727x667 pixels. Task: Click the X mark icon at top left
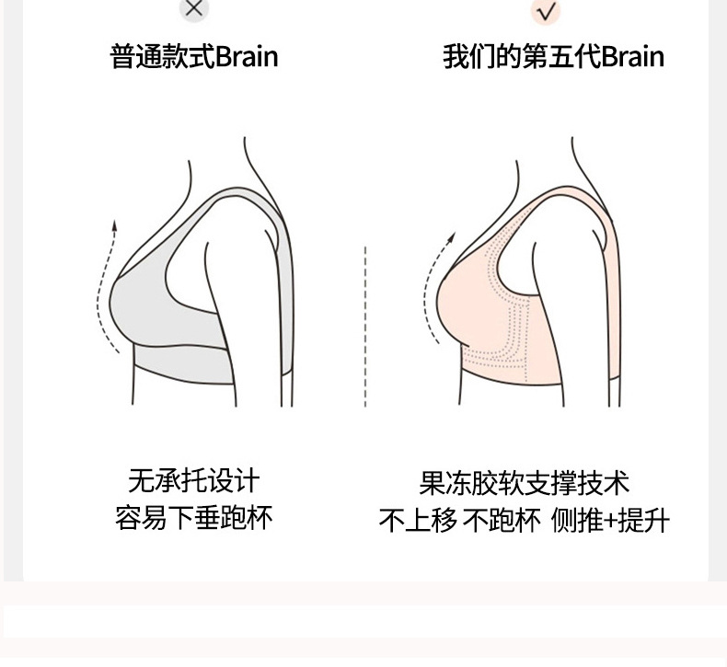click(194, 9)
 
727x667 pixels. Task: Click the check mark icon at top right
click(547, 11)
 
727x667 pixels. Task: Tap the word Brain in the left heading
click(246, 57)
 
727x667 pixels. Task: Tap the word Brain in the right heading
click(632, 57)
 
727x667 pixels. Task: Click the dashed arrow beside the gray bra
click(106, 285)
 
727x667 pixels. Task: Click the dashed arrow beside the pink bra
click(433, 285)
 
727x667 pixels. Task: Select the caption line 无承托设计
click(194, 480)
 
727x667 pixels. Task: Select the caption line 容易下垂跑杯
click(194, 516)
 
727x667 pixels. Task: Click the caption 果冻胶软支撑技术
click(524, 483)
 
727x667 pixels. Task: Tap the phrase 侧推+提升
click(610, 520)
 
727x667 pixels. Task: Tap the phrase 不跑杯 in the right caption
click(501, 520)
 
